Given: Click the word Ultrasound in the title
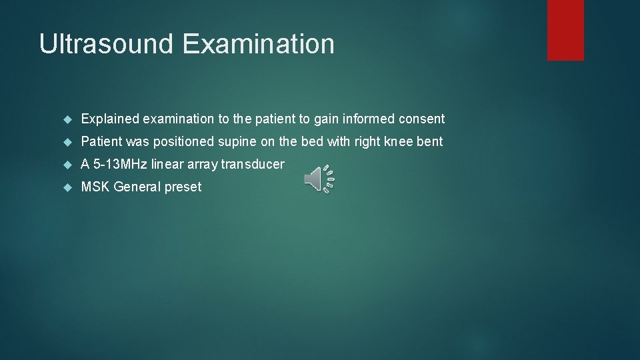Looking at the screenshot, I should (107, 44).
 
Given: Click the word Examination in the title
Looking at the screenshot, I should (258, 44).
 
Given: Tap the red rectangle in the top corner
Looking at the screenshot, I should (565, 30).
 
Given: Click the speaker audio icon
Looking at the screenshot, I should (319, 179).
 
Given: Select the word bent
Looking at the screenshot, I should (430, 142).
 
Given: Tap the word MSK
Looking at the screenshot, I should (95, 187).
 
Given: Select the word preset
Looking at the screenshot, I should (183, 187).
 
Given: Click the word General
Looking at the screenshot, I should (137, 187).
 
